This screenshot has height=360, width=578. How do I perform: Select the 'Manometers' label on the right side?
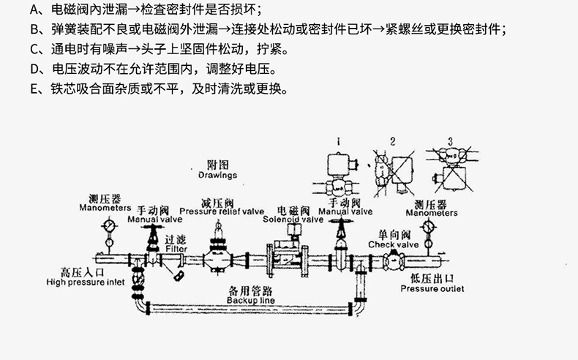(x=432, y=213)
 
